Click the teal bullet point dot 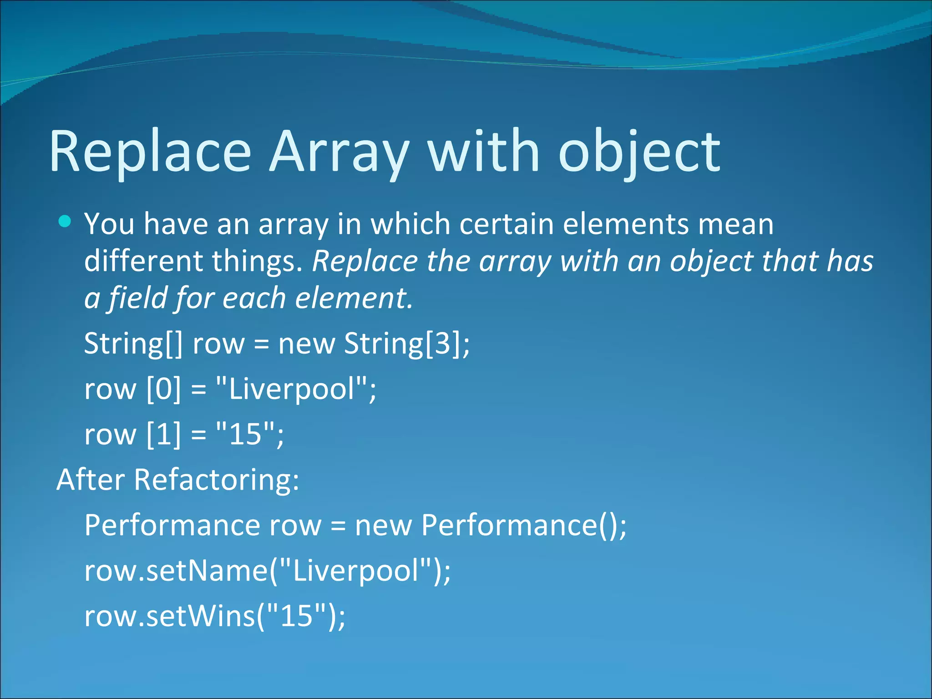coord(65,222)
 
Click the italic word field coord(137,298)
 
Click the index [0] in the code coord(163,389)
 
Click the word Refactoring coord(216,480)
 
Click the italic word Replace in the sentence coord(365,261)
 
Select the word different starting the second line coord(143,261)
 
